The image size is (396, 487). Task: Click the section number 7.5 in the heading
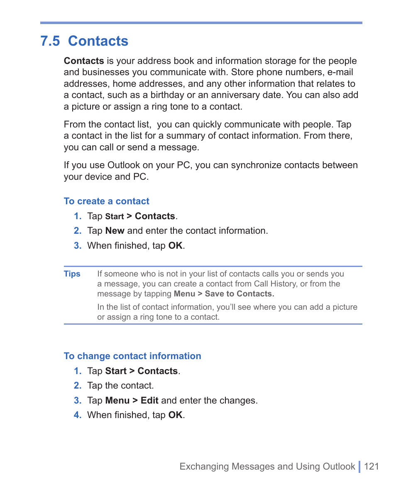50,41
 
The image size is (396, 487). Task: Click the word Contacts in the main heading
98,41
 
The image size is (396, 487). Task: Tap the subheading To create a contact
106,201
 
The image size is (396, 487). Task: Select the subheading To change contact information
132,356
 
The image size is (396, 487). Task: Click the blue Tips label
72,274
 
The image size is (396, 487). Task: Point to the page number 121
372,467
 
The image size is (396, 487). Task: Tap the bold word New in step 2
115,231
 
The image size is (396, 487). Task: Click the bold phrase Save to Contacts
239,294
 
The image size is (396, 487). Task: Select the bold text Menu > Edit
132,401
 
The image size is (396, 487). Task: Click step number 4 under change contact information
78,415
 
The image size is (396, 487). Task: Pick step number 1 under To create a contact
78,216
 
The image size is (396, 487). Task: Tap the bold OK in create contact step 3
175,246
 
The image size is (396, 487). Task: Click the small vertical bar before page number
359,467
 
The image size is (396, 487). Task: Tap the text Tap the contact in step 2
120,386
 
